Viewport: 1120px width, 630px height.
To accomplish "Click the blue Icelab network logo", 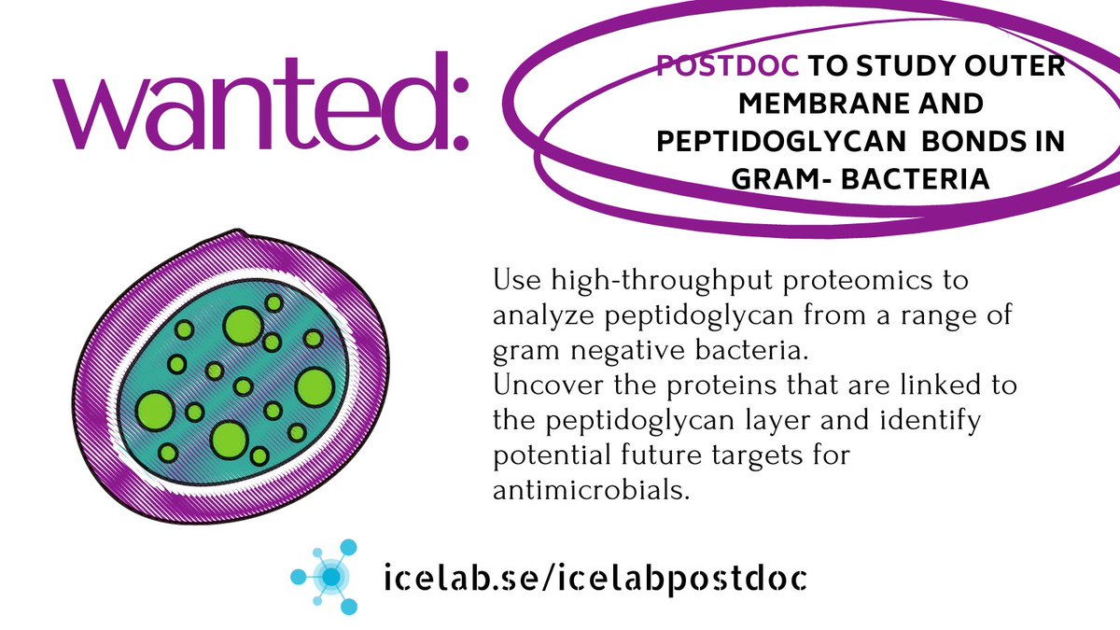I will click(329, 577).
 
